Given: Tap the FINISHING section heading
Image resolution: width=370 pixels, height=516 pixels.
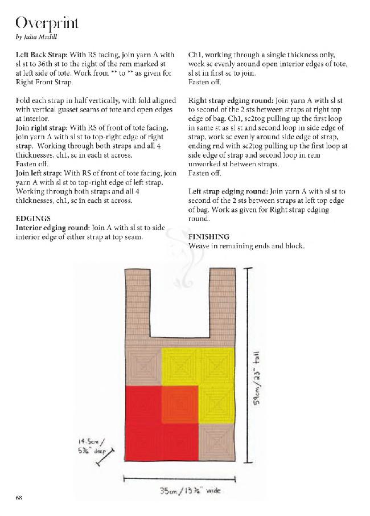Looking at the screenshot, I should (x=209, y=236).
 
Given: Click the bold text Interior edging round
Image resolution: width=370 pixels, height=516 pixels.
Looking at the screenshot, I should (x=50, y=228).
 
